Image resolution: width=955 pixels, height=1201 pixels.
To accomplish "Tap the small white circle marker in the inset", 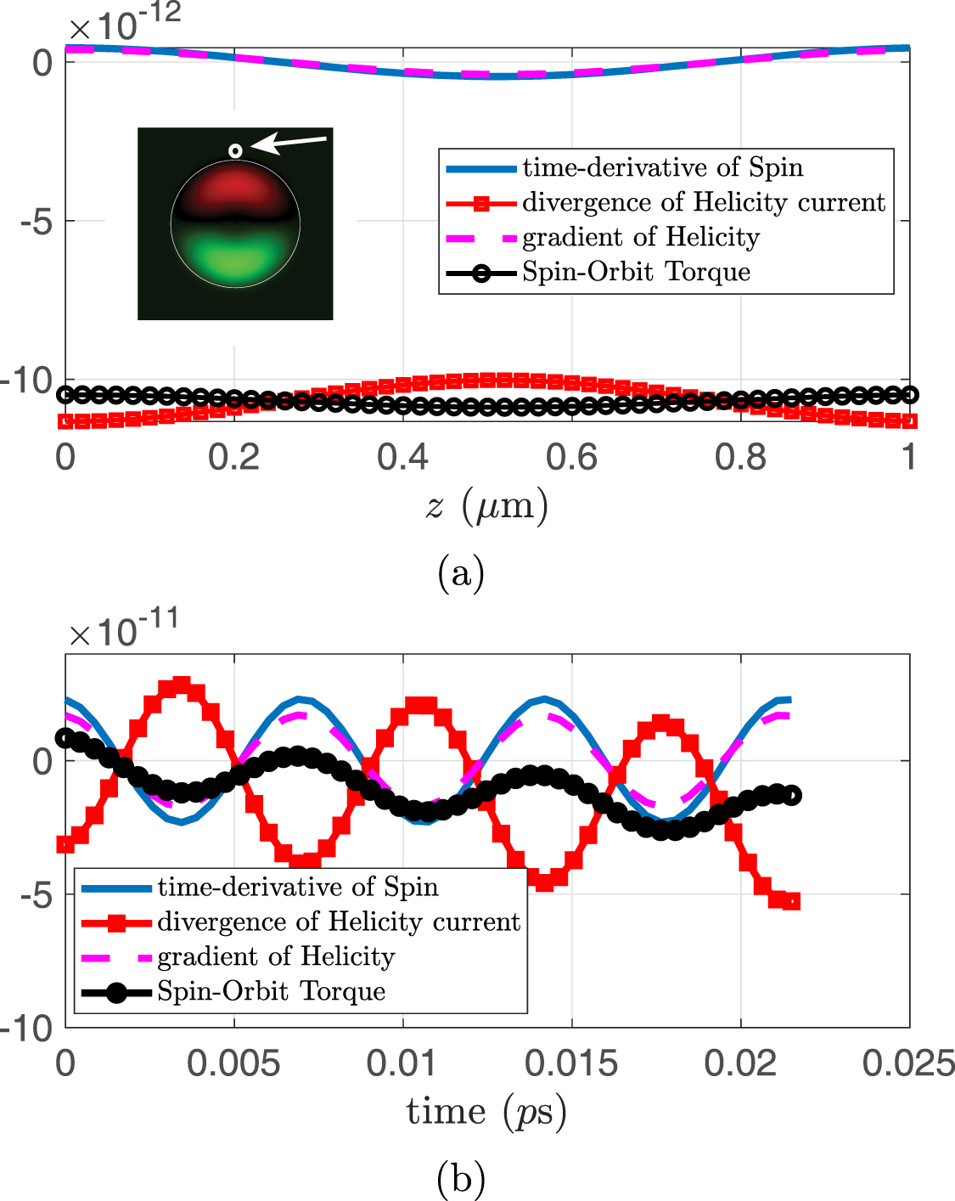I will pyautogui.click(x=235, y=151).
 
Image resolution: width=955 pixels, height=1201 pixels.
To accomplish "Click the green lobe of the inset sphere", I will pyautogui.click(x=235, y=256).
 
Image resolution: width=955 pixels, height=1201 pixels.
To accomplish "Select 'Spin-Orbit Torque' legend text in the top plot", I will pyautogui.click(x=636, y=272).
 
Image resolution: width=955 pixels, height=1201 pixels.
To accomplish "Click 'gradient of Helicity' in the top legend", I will pyautogui.click(x=640, y=237).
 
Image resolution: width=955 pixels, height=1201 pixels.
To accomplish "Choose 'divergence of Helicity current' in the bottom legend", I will pyautogui.click(x=339, y=922).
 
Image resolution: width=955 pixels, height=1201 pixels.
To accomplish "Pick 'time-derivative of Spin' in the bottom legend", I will pyautogui.click(x=298, y=887).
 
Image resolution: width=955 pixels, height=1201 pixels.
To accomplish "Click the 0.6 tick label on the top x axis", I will pyautogui.click(x=571, y=457).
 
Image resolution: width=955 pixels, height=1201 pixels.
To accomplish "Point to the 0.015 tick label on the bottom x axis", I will pyautogui.click(x=571, y=1063).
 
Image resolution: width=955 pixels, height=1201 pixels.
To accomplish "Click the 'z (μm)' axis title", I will pyautogui.click(x=486, y=506).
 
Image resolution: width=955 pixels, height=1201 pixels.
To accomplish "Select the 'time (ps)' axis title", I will pyautogui.click(x=486, y=1112).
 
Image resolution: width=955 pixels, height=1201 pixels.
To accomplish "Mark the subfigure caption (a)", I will pyautogui.click(x=461, y=573).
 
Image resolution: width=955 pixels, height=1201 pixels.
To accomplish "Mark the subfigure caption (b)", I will pyautogui.click(x=461, y=1178).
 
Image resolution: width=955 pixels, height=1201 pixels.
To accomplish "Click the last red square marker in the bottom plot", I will pyautogui.click(x=791, y=901).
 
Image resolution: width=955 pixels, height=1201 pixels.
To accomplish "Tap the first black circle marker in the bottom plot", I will pyautogui.click(x=65, y=737).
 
